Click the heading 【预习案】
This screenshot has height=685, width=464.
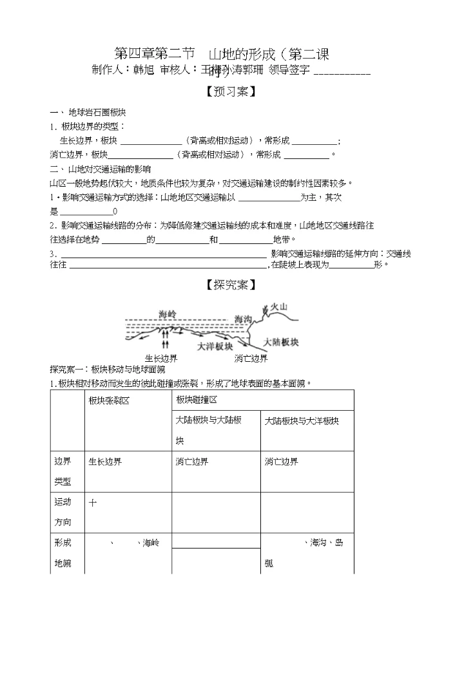point(231,92)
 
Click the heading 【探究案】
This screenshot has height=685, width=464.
point(231,285)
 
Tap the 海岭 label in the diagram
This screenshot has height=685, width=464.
point(168,314)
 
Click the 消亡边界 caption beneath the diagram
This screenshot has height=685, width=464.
point(251,359)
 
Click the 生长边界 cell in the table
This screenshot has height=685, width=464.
point(106,462)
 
